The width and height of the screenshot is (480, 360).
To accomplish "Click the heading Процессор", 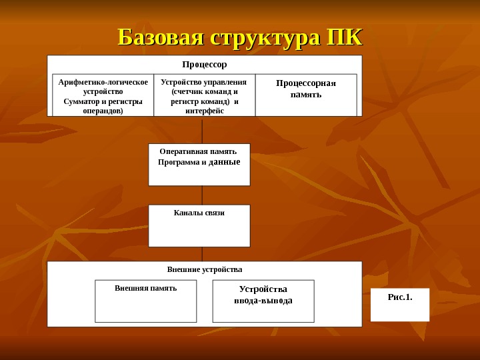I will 205,65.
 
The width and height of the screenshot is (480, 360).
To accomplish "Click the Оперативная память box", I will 199,164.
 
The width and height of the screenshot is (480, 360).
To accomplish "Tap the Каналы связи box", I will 199,225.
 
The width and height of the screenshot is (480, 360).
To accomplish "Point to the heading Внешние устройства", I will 205,269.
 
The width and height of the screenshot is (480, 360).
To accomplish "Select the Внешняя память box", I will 145,300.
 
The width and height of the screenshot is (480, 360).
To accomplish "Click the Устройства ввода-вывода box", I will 263,300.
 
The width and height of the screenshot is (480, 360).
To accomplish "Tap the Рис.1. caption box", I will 399,304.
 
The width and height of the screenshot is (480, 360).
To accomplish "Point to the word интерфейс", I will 205,111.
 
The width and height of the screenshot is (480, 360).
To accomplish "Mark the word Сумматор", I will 81,101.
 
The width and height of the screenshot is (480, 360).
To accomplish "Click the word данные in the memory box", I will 224,162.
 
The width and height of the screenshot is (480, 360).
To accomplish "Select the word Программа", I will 178,162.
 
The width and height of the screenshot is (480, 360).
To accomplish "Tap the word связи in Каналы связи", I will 213,213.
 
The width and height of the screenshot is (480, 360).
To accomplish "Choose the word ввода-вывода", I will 263,301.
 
